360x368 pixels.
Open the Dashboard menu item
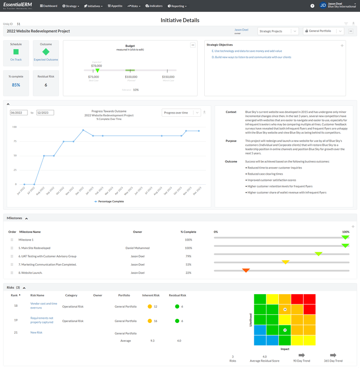(x=49, y=6)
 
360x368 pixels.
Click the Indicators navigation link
(x=154, y=6)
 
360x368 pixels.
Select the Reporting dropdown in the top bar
(x=177, y=6)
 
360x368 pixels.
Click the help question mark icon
(x=312, y=6)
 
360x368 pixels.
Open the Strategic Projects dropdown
(x=278, y=31)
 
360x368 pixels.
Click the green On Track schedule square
(x=16, y=52)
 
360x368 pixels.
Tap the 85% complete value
(x=16, y=85)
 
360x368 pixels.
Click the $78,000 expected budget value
(x=96, y=66)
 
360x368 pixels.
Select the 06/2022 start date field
(x=18, y=113)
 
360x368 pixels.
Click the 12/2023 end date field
(x=45, y=113)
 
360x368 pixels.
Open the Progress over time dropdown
(x=181, y=113)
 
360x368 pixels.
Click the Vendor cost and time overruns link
(x=44, y=306)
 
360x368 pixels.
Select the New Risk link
(x=36, y=332)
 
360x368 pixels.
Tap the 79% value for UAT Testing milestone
(x=188, y=256)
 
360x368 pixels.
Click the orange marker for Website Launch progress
(x=246, y=270)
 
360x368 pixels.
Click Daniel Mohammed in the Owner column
(x=137, y=248)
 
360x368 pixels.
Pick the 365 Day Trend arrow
(x=333, y=355)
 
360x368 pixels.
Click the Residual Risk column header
(x=177, y=295)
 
